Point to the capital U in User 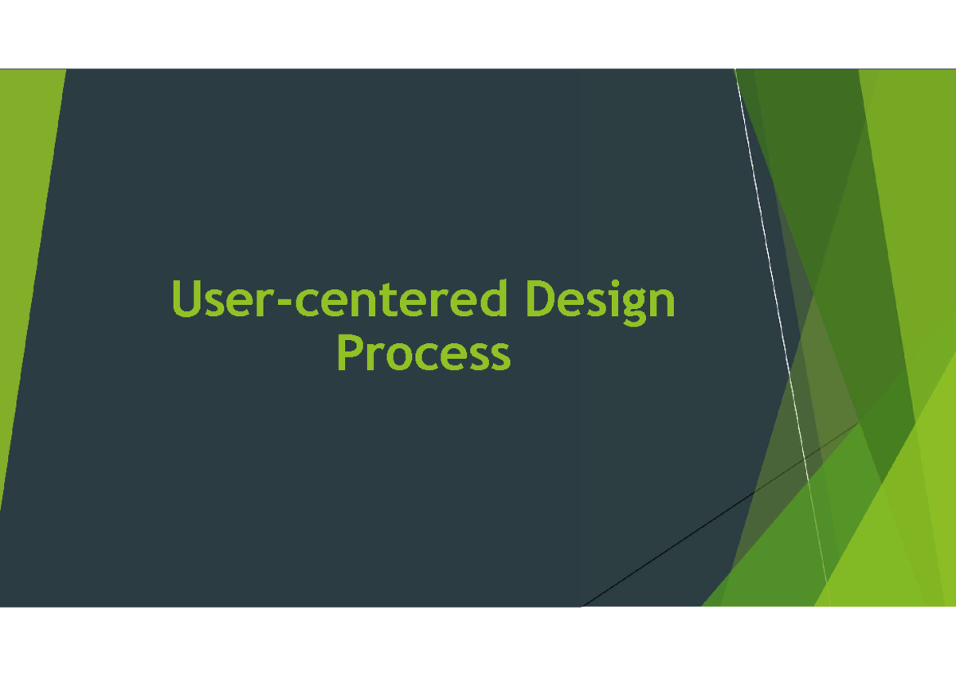coord(185,299)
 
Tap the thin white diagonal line coord(777,279)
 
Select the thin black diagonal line coord(717,517)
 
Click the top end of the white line coord(736,72)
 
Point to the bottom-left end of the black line coord(583,605)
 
